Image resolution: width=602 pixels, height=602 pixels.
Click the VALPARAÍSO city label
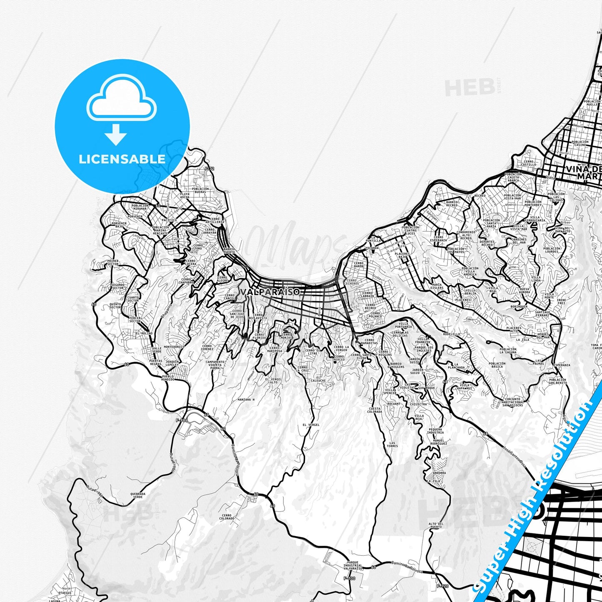point(270,292)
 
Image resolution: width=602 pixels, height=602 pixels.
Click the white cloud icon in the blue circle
point(121,100)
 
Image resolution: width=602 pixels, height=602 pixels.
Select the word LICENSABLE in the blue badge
point(122,159)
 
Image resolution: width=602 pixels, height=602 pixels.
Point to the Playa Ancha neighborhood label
point(185,195)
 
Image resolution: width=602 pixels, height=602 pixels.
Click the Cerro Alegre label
point(222,279)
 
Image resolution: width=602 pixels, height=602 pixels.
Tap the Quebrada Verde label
point(138,495)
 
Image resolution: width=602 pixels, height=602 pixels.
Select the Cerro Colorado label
point(227,517)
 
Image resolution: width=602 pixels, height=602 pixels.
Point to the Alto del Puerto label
point(435,525)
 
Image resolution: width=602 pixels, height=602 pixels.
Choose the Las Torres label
point(392,445)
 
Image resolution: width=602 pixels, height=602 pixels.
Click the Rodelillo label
point(452,334)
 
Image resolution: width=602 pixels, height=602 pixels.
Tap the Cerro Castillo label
point(529,163)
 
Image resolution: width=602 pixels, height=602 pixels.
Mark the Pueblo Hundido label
point(168,378)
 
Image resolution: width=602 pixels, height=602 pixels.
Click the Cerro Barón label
point(359,265)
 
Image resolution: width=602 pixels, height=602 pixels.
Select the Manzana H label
point(246,400)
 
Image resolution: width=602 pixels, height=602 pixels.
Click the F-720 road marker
point(442,586)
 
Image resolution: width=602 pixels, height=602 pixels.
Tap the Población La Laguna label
point(508,351)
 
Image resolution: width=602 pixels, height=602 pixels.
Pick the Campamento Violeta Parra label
point(215,365)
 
